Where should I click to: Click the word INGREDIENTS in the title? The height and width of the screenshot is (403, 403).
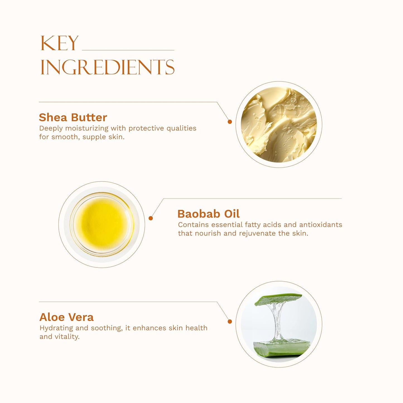tap(107, 67)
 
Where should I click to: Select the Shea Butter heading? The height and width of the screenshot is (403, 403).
tap(73, 117)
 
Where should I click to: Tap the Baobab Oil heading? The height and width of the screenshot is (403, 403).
tap(209, 214)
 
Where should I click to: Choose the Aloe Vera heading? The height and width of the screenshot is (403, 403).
tap(66, 317)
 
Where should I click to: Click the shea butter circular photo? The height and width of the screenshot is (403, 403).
tap(279, 124)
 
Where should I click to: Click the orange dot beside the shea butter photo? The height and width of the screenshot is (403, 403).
tap(230, 122)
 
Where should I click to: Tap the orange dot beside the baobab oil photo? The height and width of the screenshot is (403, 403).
tap(151, 218)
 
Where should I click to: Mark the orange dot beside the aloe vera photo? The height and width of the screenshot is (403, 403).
tap(230, 322)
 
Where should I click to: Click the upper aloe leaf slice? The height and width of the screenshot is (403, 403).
tap(278, 299)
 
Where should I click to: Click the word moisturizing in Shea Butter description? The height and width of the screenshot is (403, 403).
tap(87, 128)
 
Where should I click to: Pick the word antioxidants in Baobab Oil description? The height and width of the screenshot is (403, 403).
tap(321, 225)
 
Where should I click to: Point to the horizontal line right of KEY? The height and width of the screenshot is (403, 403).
tap(128, 50)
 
